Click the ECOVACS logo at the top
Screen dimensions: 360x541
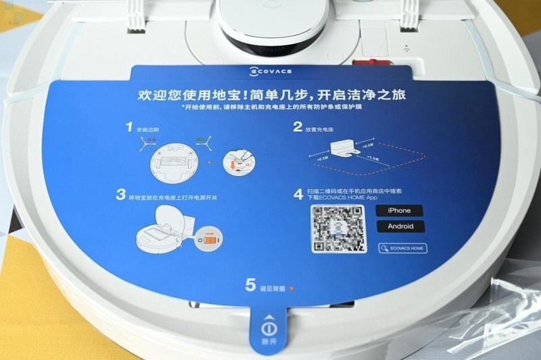[x=270, y=70]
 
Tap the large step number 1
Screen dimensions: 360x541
[x=129, y=127]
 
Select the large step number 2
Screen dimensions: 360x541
[x=298, y=127]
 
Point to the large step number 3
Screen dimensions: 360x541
[x=121, y=196]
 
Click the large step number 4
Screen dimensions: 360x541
[x=298, y=195]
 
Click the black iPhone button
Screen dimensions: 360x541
[x=399, y=210]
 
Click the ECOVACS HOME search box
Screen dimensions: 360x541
[x=402, y=248]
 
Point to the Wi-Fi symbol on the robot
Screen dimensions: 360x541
[x=407, y=48]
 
